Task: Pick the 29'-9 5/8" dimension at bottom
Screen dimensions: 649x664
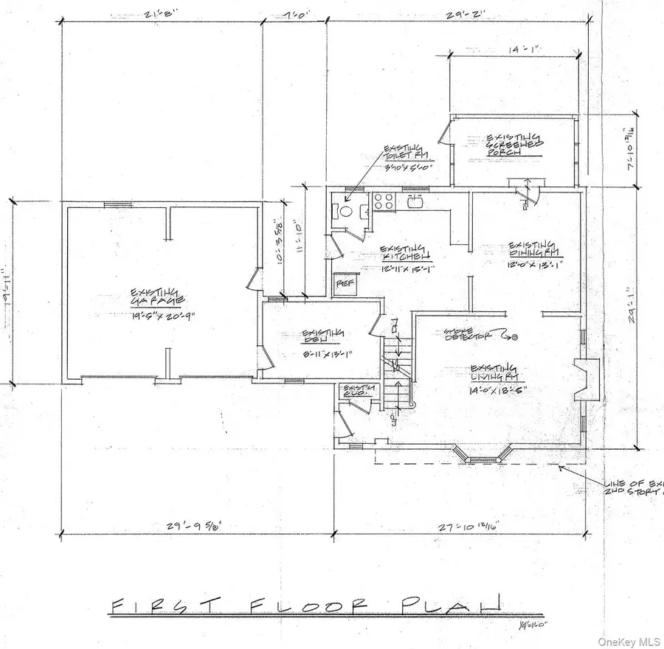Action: coord(191,525)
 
